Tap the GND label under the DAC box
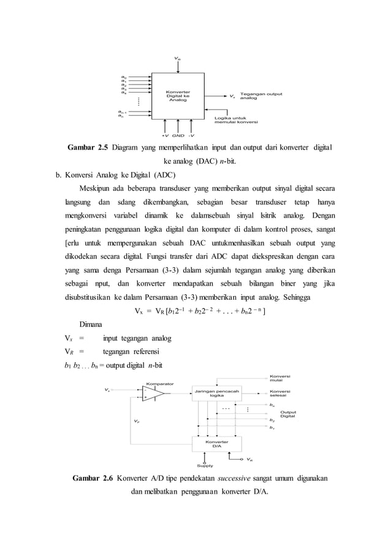[178, 135]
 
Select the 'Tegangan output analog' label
[260, 96]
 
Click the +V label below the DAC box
[165, 135]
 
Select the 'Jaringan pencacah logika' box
[216, 393]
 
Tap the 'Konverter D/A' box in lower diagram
[216, 444]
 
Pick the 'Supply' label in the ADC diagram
[205, 465]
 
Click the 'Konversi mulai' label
[280, 378]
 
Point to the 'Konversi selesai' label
[280, 394]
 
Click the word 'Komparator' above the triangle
[159, 383]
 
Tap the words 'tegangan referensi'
[131, 352]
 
